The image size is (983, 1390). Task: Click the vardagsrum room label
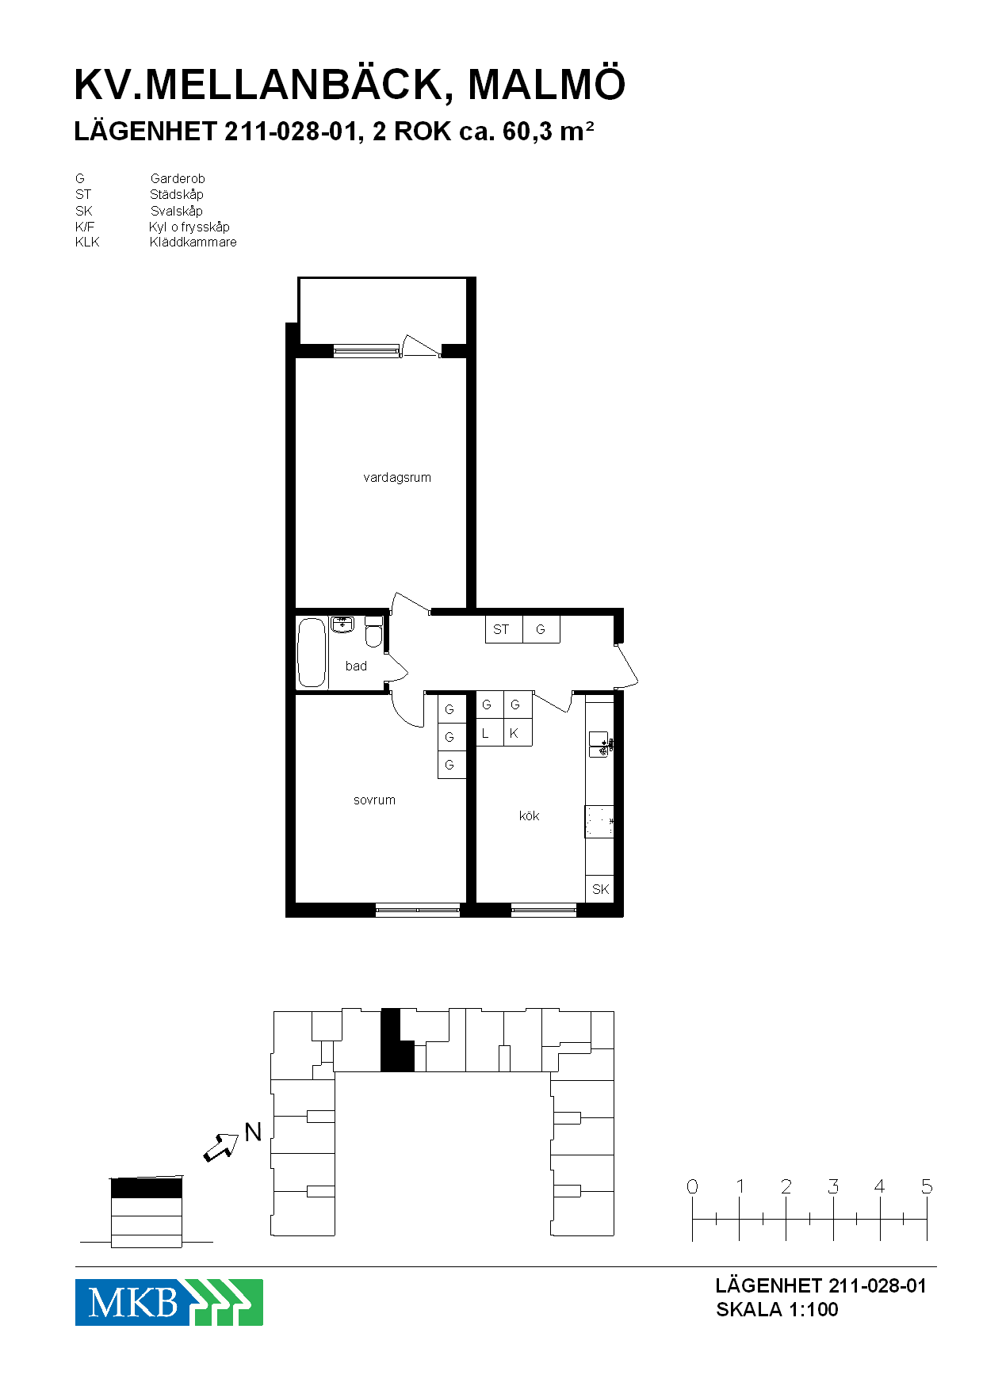[397, 478]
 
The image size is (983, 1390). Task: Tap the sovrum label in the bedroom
[374, 800]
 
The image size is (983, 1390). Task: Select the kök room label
[529, 815]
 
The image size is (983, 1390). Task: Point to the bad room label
[356, 666]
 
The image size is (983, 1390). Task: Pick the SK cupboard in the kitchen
[600, 888]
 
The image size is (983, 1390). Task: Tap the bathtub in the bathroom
[312, 653]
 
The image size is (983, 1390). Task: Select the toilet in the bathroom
[373, 632]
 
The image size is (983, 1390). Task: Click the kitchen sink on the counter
[599, 744]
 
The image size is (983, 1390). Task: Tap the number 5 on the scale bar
[927, 1186]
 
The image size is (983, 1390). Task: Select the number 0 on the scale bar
[692, 1186]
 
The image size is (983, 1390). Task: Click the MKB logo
[169, 1302]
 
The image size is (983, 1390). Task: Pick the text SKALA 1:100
[777, 1309]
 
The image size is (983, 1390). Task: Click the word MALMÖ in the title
[547, 85]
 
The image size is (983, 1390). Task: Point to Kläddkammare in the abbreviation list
[193, 242]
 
